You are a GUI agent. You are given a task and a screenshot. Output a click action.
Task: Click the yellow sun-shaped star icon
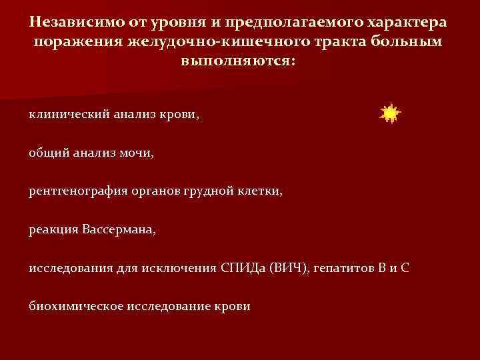click(389, 114)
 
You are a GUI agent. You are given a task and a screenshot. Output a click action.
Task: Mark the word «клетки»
click(260, 191)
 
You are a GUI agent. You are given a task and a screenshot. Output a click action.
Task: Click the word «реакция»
click(53, 230)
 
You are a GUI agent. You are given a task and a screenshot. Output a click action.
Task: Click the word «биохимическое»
click(71, 307)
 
